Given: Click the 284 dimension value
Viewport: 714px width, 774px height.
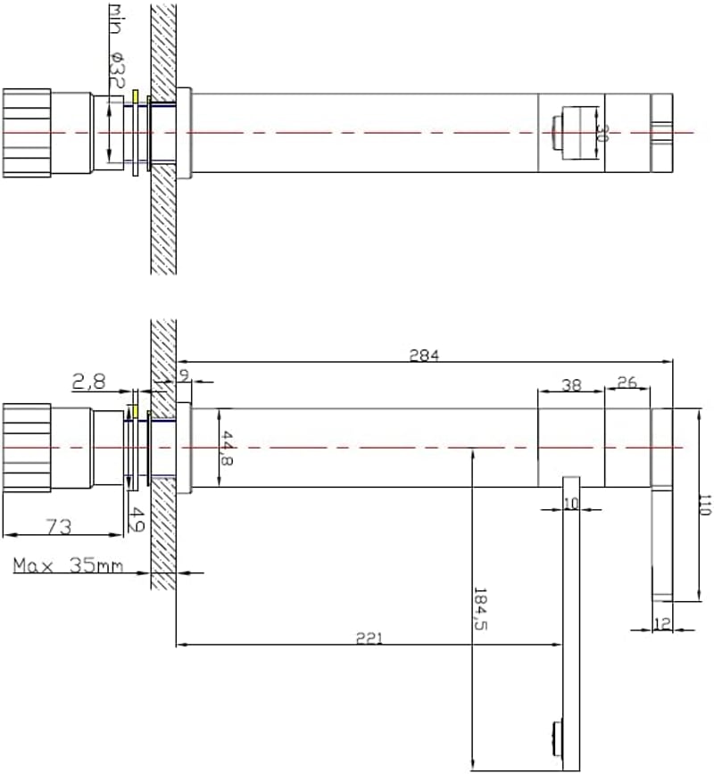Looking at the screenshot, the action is click(x=424, y=355).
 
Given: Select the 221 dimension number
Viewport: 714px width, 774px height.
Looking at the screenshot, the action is click(x=369, y=638).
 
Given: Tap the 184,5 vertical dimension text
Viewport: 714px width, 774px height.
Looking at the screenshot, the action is click(x=480, y=609).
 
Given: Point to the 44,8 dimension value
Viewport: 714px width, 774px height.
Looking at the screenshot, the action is click(x=227, y=449).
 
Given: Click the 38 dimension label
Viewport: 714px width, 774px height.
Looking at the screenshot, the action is click(x=571, y=385).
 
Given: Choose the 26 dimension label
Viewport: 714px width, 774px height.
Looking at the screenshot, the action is click(x=627, y=382).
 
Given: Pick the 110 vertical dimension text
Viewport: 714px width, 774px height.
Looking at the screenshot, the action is click(x=706, y=505).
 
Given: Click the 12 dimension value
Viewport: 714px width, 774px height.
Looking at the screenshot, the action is click(x=662, y=624).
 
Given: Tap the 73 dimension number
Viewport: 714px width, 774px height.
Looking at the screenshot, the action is click(x=59, y=527).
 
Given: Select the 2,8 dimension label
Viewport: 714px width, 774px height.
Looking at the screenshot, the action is click(x=89, y=382).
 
